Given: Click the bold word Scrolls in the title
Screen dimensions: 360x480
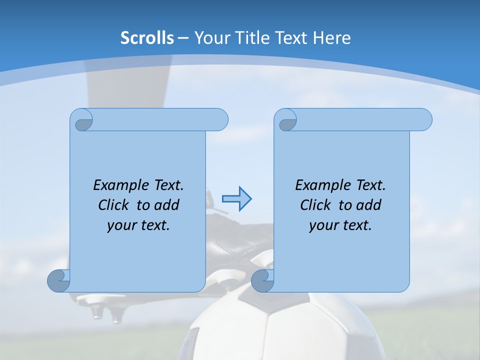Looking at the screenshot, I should (x=147, y=37).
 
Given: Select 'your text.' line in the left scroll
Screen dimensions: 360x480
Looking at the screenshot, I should (x=138, y=225).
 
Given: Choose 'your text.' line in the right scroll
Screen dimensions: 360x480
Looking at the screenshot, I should (x=340, y=225).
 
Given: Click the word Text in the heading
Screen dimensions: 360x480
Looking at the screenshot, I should (x=291, y=37).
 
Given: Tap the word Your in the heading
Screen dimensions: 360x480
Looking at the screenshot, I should (x=211, y=37).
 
